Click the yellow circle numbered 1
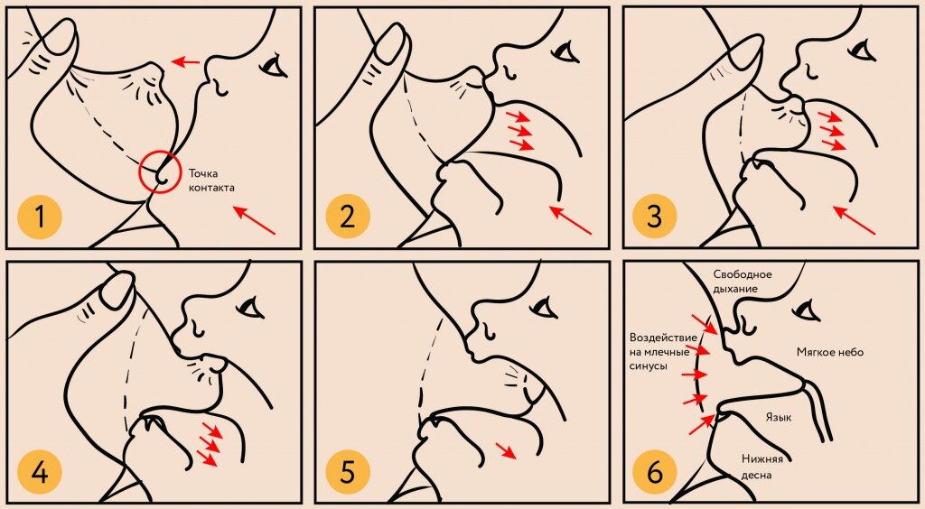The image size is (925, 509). pos(40,217)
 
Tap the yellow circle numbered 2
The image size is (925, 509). pos(348,217)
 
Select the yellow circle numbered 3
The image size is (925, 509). pos(655,217)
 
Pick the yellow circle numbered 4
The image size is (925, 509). pos(40,473)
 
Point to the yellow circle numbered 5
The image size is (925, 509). pos(348,473)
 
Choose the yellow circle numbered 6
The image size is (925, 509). pos(655,473)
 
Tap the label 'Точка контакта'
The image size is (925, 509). pos(211,180)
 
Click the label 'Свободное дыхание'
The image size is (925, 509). pos(743,281)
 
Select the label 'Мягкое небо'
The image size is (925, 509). pos(830,352)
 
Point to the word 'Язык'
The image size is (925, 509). pos(779,417)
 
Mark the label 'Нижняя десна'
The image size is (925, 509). pos(762,467)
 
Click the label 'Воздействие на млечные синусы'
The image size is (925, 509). pos(663,352)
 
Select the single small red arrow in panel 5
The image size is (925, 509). pos(506,450)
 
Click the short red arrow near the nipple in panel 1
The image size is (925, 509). pos(186,60)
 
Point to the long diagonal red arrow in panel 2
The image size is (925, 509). pos(571,219)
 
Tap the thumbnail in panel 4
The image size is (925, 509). pos(118,290)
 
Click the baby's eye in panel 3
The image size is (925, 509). pos(862,51)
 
